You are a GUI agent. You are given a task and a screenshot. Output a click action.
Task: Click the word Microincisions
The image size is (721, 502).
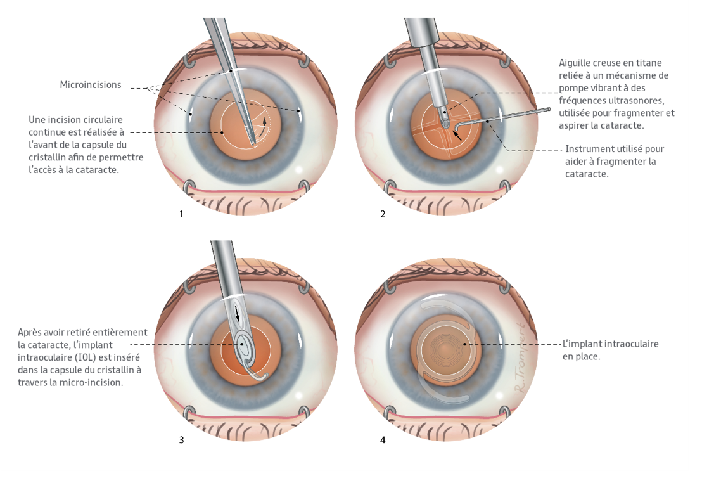[91, 85]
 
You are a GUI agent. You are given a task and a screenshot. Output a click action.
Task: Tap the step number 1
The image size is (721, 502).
[181, 214]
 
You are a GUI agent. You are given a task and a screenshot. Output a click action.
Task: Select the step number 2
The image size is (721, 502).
[383, 214]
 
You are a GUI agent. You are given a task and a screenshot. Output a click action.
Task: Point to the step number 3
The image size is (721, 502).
[181, 440]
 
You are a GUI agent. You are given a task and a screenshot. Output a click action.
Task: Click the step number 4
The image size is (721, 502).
[383, 440]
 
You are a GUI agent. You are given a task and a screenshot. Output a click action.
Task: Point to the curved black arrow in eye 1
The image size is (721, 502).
[264, 122]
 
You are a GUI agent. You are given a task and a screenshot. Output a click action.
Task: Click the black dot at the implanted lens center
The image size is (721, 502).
[465, 344]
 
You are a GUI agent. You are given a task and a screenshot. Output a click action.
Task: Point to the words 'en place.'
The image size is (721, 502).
[581, 357]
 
